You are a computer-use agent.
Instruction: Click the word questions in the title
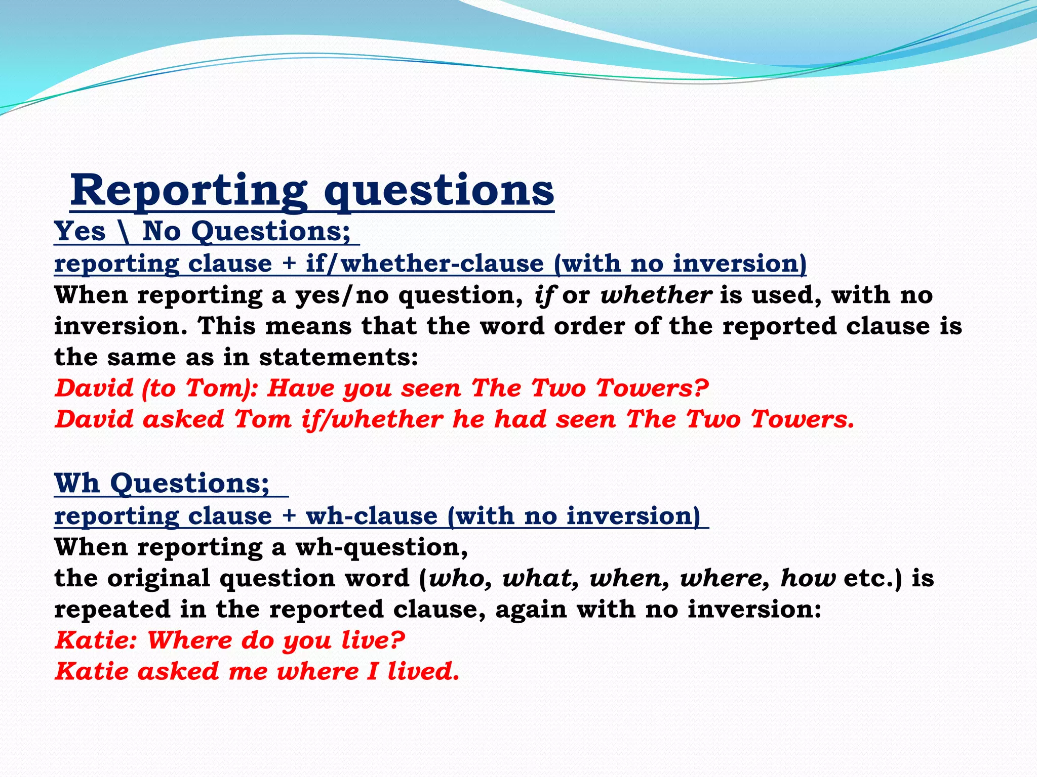click(438, 191)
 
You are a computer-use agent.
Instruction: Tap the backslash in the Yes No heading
click(124, 232)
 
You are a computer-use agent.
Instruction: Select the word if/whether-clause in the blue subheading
click(424, 264)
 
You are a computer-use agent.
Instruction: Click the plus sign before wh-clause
click(289, 515)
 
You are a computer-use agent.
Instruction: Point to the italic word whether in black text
click(656, 295)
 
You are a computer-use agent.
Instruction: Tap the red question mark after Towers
click(700, 388)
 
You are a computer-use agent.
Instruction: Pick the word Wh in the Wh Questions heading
click(76, 483)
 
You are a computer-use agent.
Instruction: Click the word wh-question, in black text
click(381, 547)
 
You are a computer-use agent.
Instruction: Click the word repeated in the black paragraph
click(112, 610)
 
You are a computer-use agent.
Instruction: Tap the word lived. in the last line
click(423, 672)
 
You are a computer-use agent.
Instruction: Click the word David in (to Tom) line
click(94, 388)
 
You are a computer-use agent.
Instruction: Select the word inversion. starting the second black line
click(121, 326)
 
